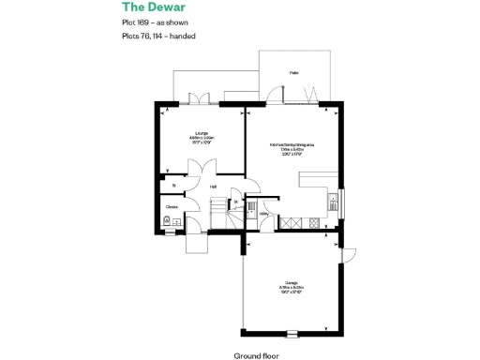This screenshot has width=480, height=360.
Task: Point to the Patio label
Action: pyautogui.click(x=294, y=72)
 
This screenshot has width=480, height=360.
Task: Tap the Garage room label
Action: pyautogui.click(x=291, y=285)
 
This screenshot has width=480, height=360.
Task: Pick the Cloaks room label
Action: pyautogui.click(x=172, y=206)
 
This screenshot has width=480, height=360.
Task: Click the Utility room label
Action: pyautogui.click(x=264, y=214)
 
